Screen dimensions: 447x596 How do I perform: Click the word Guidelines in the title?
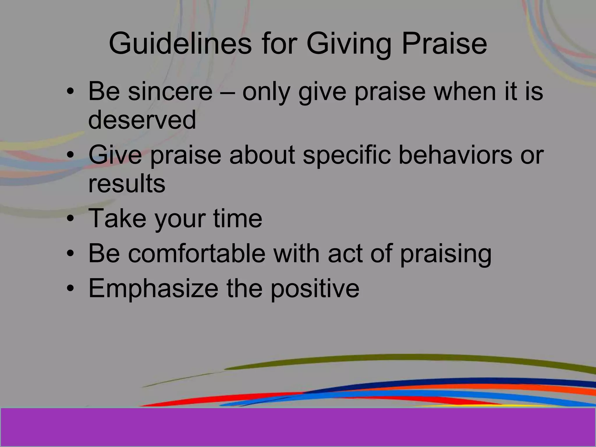pyautogui.click(x=180, y=44)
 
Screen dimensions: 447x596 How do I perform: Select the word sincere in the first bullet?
pyautogui.click(x=170, y=91)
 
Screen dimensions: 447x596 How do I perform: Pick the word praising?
pyautogui.click(x=446, y=254)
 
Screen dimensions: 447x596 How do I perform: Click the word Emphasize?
pyautogui.click(x=153, y=288)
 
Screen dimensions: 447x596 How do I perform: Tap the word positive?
pyautogui.click(x=315, y=289)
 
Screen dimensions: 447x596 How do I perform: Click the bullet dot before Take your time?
pyautogui.click(x=70, y=219)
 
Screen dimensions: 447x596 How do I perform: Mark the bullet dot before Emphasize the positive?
pyautogui.click(x=70, y=289)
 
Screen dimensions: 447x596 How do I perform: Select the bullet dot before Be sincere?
pyautogui.click(x=70, y=92)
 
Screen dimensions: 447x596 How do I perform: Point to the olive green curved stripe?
pyautogui.click(x=407, y=359)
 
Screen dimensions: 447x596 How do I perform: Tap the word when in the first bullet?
pyautogui.click(x=461, y=91)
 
